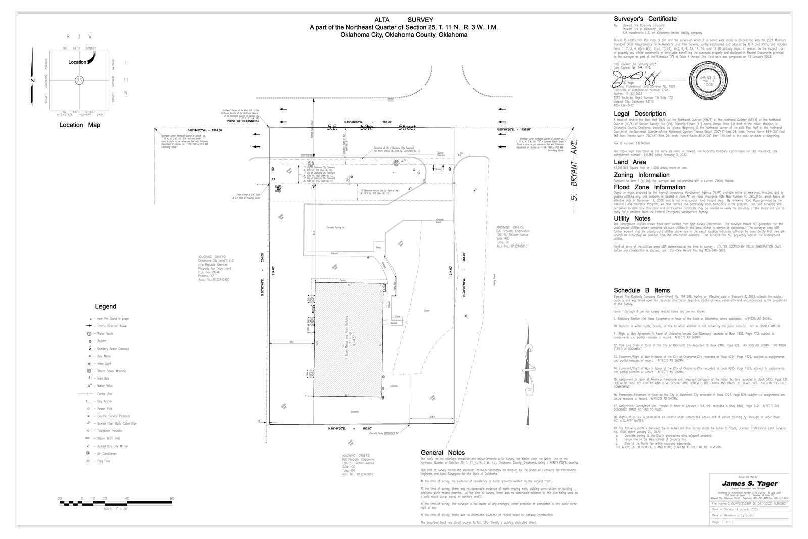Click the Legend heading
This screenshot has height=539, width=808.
click(106, 306)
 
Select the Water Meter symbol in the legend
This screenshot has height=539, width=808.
click(89, 334)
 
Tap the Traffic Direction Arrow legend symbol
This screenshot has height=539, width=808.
click(89, 326)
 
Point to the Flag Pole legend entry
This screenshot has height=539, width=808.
click(89, 461)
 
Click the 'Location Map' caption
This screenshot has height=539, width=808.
click(79, 125)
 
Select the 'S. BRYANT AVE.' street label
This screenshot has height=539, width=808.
click(574, 167)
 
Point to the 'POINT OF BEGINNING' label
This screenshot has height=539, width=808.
click(242, 122)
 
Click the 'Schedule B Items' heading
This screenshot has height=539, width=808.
click(641, 290)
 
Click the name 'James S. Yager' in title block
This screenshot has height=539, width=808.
click(749, 484)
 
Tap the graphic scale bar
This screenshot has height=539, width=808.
click(116, 502)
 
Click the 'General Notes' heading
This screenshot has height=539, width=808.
click(442, 452)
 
